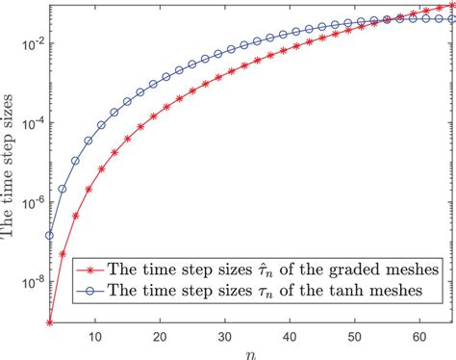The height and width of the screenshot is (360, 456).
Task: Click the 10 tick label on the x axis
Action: (x=94, y=336)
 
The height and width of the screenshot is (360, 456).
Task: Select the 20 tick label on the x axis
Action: (x=160, y=336)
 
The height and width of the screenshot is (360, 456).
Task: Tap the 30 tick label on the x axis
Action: (x=225, y=336)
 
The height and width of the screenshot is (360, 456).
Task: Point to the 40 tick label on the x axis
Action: (x=291, y=336)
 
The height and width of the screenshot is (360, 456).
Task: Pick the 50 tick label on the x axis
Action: (x=356, y=336)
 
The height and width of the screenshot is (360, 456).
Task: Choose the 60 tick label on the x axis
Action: (x=421, y=336)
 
